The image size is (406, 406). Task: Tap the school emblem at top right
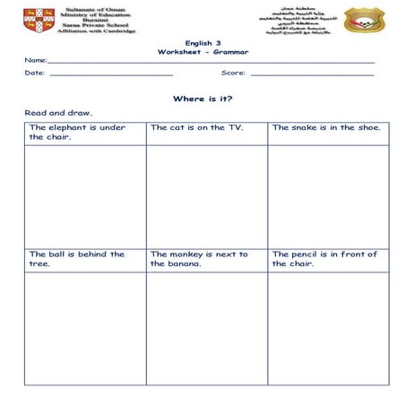(x=364, y=20)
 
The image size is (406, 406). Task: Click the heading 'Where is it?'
(x=203, y=99)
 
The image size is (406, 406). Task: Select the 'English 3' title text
(x=203, y=43)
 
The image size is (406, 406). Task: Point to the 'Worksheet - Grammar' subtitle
(x=203, y=52)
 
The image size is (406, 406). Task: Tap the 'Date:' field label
(x=35, y=73)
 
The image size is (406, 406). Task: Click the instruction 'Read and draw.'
(x=58, y=114)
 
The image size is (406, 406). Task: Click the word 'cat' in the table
(x=177, y=127)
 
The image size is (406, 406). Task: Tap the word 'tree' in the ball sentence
(x=39, y=264)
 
